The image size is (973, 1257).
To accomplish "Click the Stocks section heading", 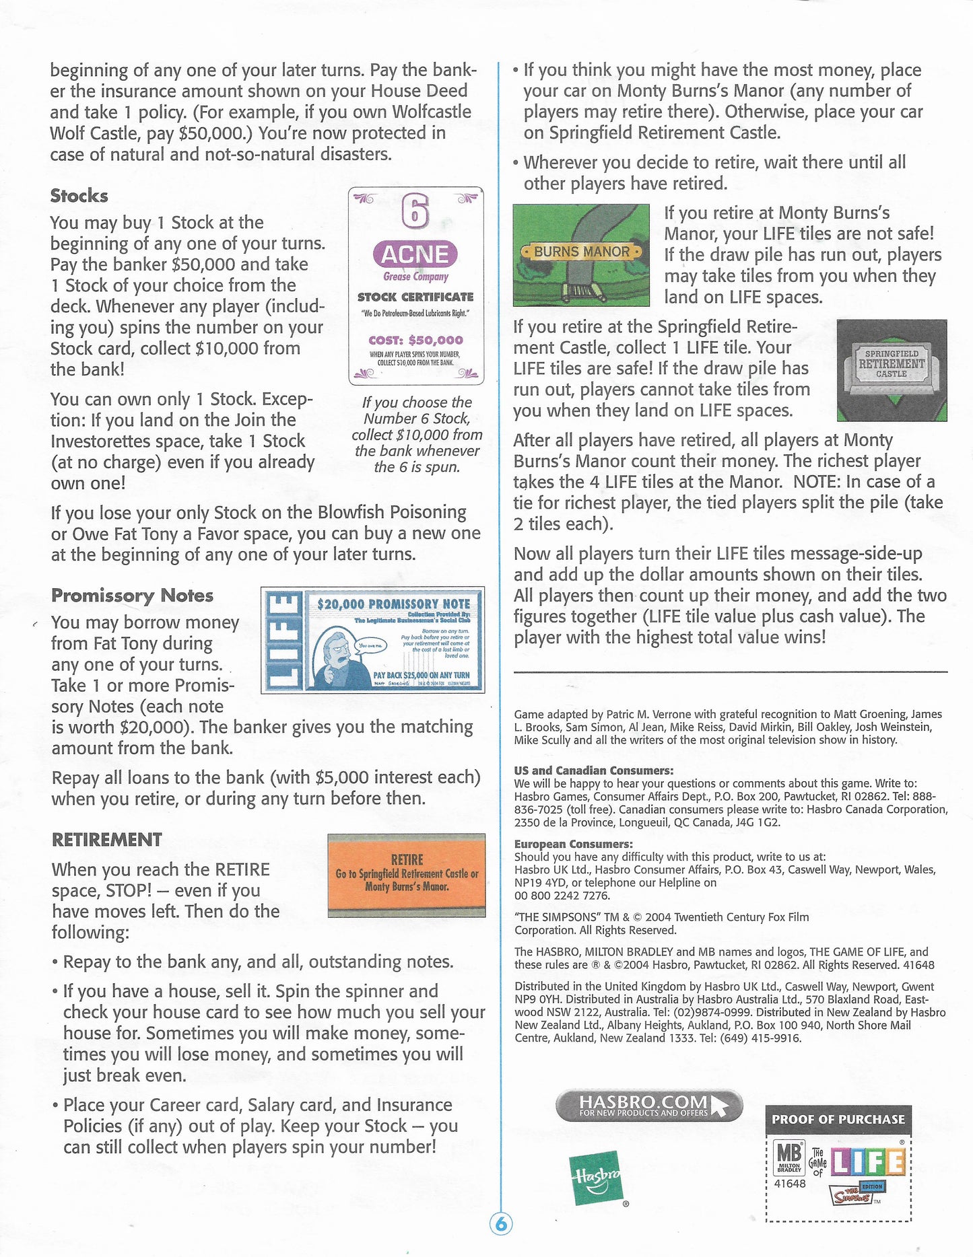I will tap(79, 196).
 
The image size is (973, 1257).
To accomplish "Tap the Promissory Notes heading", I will tap(132, 596).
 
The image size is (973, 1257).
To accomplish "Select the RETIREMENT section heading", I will tap(106, 840).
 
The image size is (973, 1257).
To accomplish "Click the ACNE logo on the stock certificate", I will tap(415, 254).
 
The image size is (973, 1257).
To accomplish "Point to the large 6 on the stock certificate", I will tap(415, 212).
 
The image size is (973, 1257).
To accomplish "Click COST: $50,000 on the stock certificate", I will tap(415, 340).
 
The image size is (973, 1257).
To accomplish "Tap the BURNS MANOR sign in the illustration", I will tap(581, 252).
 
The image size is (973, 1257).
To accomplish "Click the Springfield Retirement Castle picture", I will tap(891, 370).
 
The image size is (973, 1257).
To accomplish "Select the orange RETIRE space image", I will tap(406, 875).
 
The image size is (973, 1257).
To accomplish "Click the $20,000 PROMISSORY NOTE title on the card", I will tap(393, 604).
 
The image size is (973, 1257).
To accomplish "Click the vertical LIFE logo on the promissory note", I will tap(283, 641).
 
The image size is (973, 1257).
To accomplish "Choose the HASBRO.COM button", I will tap(648, 1106).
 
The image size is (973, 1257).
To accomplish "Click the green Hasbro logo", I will tap(595, 1180).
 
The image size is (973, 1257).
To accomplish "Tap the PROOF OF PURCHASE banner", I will tap(838, 1119).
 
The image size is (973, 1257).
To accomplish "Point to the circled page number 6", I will tap(500, 1224).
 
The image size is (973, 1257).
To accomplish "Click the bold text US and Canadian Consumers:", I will tap(593, 770).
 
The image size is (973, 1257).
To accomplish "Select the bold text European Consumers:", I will tap(573, 844).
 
